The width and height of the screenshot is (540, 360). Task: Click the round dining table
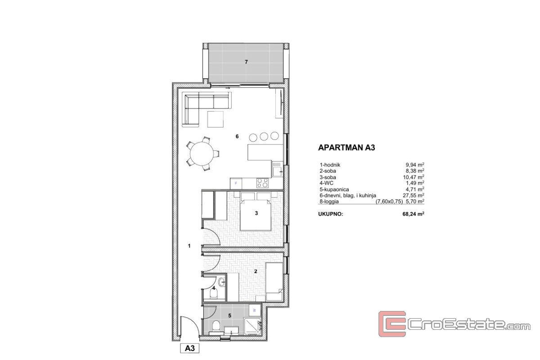(x=202, y=153)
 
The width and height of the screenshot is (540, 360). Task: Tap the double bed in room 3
(x=255, y=211)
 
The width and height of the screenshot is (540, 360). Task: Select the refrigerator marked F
(x=236, y=184)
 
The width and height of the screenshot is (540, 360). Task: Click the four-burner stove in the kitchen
(x=262, y=183)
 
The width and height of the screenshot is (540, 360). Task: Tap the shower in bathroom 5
(x=252, y=326)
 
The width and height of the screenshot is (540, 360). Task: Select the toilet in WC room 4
(x=214, y=293)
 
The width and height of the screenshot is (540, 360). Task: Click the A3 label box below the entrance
(x=190, y=348)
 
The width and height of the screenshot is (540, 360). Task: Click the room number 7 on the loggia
(x=246, y=62)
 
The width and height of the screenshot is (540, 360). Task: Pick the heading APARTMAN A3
(x=346, y=148)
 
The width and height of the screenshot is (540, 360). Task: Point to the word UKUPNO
(x=330, y=214)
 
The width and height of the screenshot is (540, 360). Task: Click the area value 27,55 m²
(x=414, y=195)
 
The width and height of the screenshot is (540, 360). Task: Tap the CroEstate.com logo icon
(x=392, y=324)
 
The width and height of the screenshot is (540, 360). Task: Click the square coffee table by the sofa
(x=215, y=119)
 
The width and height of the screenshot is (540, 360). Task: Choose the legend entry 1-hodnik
(x=330, y=165)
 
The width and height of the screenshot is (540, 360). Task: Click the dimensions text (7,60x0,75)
(x=389, y=202)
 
